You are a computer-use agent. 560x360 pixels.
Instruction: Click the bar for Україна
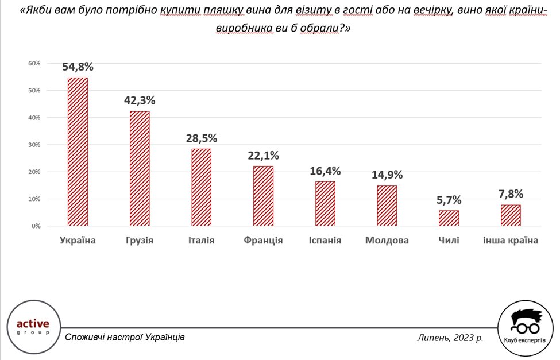(78, 152)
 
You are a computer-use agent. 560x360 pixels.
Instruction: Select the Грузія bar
(140, 169)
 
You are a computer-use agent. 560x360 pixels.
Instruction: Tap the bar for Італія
(202, 187)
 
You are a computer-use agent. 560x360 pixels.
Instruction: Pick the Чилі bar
(449, 218)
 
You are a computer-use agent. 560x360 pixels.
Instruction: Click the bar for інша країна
(511, 215)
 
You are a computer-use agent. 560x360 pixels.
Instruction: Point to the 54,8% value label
(78, 67)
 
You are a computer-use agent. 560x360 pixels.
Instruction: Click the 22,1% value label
(264, 156)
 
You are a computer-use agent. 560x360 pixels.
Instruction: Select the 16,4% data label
(325, 171)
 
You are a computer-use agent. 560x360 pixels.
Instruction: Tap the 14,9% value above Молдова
(387, 175)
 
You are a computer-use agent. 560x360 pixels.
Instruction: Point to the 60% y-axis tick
(34, 63)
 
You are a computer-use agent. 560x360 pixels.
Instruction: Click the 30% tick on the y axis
(34, 145)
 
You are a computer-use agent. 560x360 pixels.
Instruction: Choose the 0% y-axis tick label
(36, 226)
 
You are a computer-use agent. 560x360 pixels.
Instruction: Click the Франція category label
(263, 241)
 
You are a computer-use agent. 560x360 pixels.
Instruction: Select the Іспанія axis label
(325, 241)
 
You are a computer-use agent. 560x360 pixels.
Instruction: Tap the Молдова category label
(387, 241)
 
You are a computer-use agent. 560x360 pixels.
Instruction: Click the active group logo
(33, 327)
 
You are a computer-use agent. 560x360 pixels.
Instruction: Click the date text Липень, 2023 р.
(450, 338)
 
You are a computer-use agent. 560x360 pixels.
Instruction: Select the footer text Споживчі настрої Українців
(125, 337)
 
